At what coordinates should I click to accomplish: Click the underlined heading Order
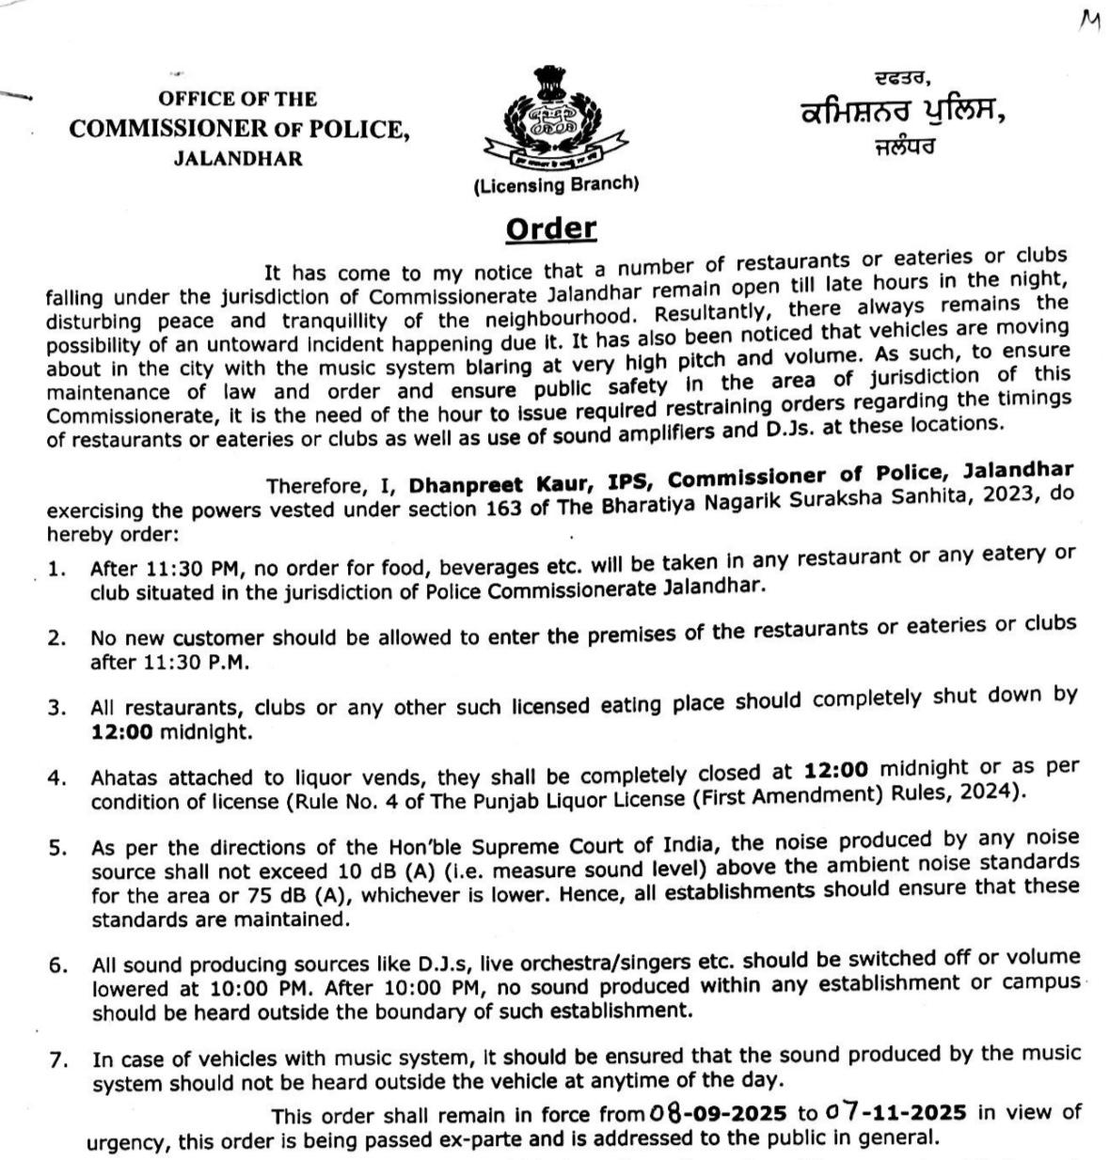coord(551,229)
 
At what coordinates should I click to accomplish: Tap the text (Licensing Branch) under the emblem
coord(556,185)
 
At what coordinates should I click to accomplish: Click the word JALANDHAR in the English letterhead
coord(238,159)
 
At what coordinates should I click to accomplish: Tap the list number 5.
coord(58,848)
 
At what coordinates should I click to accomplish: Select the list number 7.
coord(58,1060)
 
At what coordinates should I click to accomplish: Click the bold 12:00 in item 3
coord(121,730)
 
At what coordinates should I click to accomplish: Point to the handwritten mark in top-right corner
coord(1090,21)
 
